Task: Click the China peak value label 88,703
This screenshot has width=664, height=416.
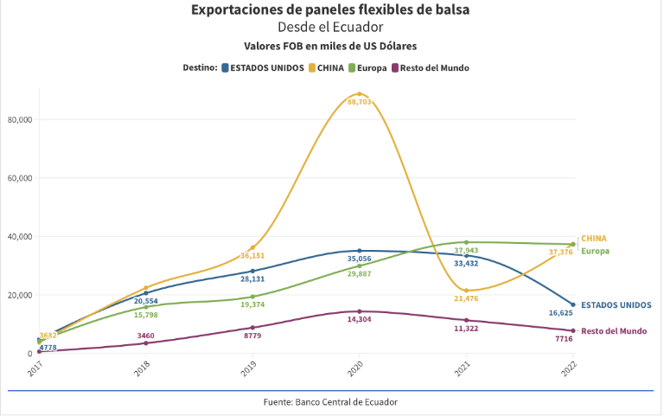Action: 359,102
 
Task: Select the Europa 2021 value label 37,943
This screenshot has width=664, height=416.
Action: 466,251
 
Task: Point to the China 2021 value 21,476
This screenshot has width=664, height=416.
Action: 466,298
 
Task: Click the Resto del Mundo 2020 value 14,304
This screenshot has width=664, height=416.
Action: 359,319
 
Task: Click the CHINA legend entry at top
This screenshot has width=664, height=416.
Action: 330,67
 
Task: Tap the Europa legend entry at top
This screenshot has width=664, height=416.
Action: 371,67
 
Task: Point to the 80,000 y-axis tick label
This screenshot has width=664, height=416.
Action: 19,119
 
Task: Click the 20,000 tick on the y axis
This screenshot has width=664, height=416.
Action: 19,295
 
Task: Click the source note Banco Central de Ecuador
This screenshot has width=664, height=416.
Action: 331,402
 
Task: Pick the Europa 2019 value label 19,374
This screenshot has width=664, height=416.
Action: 252,305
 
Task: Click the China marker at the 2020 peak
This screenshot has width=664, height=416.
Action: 359,93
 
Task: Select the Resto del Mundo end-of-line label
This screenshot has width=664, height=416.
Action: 613,331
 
